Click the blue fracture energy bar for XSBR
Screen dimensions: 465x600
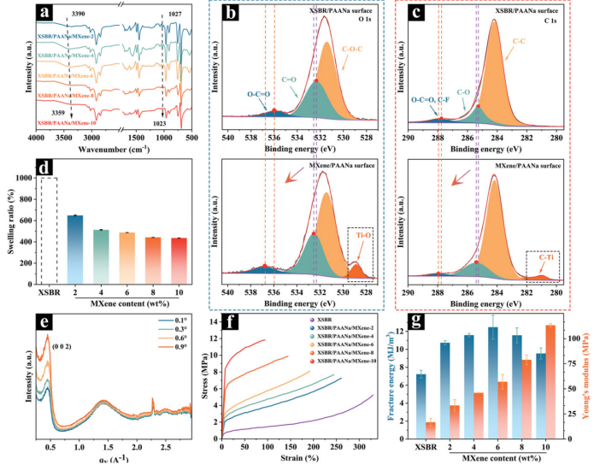click(421, 403)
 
